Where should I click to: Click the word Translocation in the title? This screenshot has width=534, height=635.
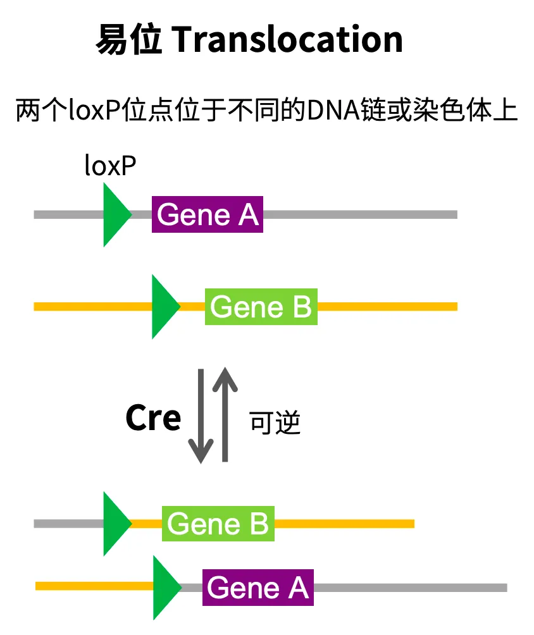coord(287,40)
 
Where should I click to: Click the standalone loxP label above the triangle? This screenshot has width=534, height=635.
coord(110,166)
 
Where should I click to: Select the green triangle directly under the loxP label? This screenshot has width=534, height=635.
coord(115,214)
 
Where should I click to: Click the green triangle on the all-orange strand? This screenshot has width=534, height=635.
coord(163,307)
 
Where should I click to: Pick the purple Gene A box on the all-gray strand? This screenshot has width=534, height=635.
coord(208,214)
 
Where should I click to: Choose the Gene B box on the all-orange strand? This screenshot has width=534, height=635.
coord(261,307)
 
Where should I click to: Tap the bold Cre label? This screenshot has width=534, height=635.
coord(153,418)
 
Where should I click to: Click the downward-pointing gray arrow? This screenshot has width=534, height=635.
coord(201,417)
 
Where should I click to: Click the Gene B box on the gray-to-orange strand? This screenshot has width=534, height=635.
coord(218,524)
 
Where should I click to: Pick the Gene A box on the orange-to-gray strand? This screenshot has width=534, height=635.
coord(258,588)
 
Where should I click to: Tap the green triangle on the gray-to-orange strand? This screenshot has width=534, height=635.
coord(115,524)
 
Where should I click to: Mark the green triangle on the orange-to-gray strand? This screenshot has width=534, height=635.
coord(165,588)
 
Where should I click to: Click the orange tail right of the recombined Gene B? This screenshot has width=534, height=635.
coord(345,524)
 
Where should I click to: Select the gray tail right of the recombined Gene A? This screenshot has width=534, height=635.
coord(411,588)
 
